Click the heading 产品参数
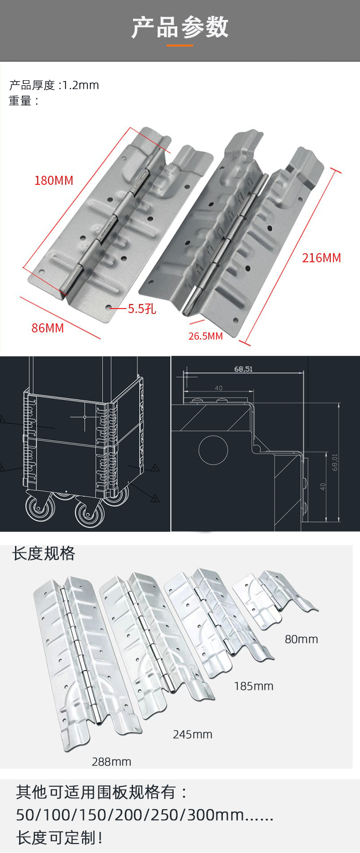(x=180, y=27)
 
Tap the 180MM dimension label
(x=54, y=180)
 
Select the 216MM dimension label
(x=321, y=258)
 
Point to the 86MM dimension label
(x=47, y=328)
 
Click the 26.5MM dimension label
(x=206, y=336)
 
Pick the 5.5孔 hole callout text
(x=142, y=309)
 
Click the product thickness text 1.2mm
(x=81, y=85)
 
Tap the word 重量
(x=20, y=101)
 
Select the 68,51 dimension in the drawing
(x=243, y=369)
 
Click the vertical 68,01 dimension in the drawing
(x=335, y=462)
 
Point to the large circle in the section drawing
(x=213, y=450)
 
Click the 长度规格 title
(x=44, y=553)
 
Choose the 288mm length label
(x=111, y=761)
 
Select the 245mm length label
(x=192, y=734)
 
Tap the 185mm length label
(x=253, y=686)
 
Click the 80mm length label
(x=301, y=639)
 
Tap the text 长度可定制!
(x=60, y=838)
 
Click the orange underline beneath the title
(x=180, y=45)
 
